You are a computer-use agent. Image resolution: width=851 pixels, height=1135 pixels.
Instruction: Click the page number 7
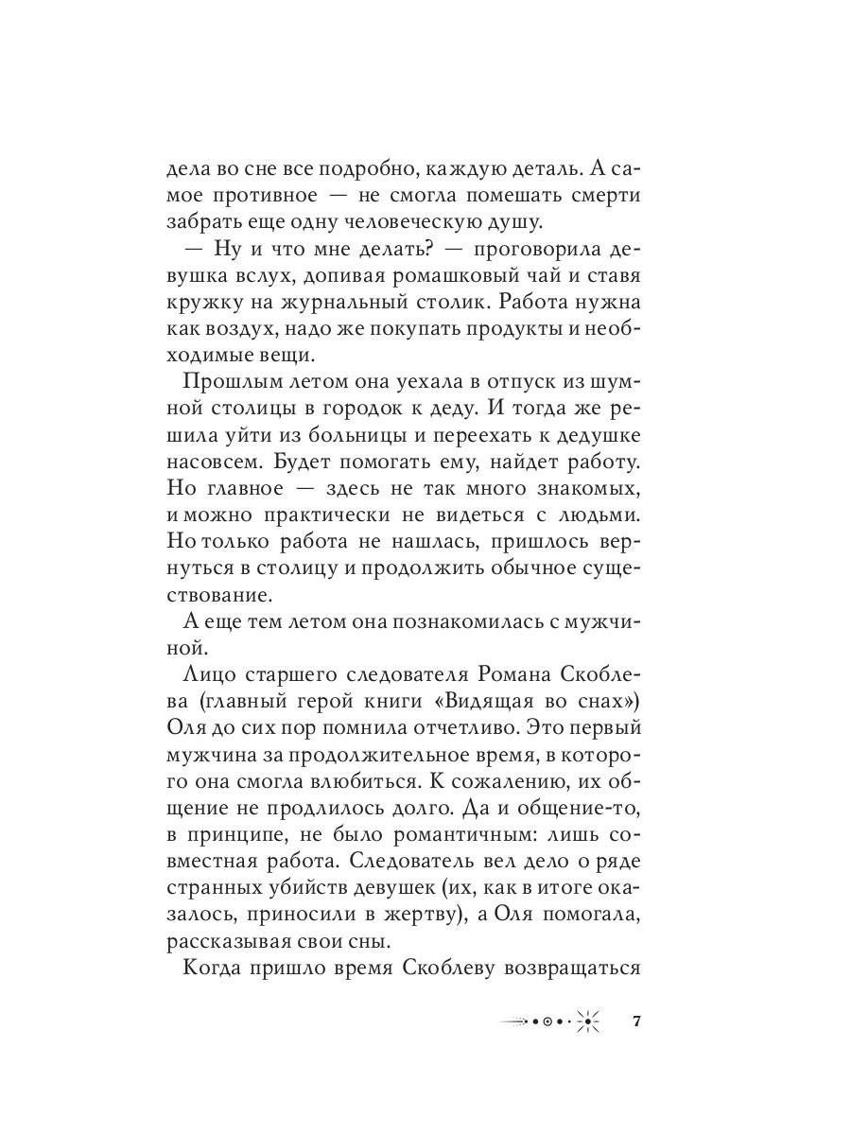(636, 1021)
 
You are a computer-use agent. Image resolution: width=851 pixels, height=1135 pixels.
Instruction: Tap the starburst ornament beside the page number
(588, 1021)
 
